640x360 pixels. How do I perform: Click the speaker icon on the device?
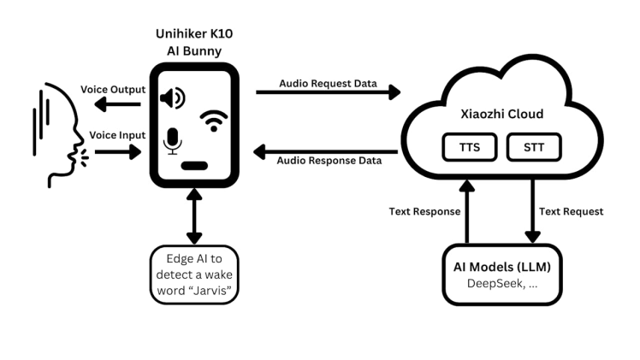tap(172, 98)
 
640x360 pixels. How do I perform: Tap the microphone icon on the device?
tap(173, 142)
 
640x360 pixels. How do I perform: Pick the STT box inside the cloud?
tap(533, 148)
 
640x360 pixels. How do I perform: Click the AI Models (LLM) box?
tap(501, 274)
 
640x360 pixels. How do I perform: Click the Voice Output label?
tap(113, 89)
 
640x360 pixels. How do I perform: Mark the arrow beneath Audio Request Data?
tap(329, 90)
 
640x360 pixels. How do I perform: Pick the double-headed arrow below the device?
tap(196, 217)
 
